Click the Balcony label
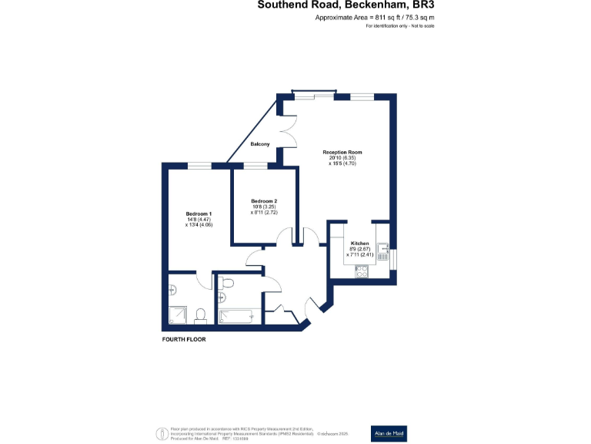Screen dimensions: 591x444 (260, 144)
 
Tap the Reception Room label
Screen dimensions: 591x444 (342, 152)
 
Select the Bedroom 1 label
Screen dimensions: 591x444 (199, 214)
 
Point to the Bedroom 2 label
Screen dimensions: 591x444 (263, 200)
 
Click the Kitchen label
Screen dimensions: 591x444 (361, 244)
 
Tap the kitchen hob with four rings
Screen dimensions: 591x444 (361, 271)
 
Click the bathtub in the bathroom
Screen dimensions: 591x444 (235, 315)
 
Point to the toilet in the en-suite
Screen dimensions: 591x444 (200, 315)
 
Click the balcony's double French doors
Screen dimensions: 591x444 (288, 125)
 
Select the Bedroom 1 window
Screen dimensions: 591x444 (200, 164)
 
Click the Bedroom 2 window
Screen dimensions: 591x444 (255, 164)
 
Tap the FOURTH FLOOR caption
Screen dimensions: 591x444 (184, 339)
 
